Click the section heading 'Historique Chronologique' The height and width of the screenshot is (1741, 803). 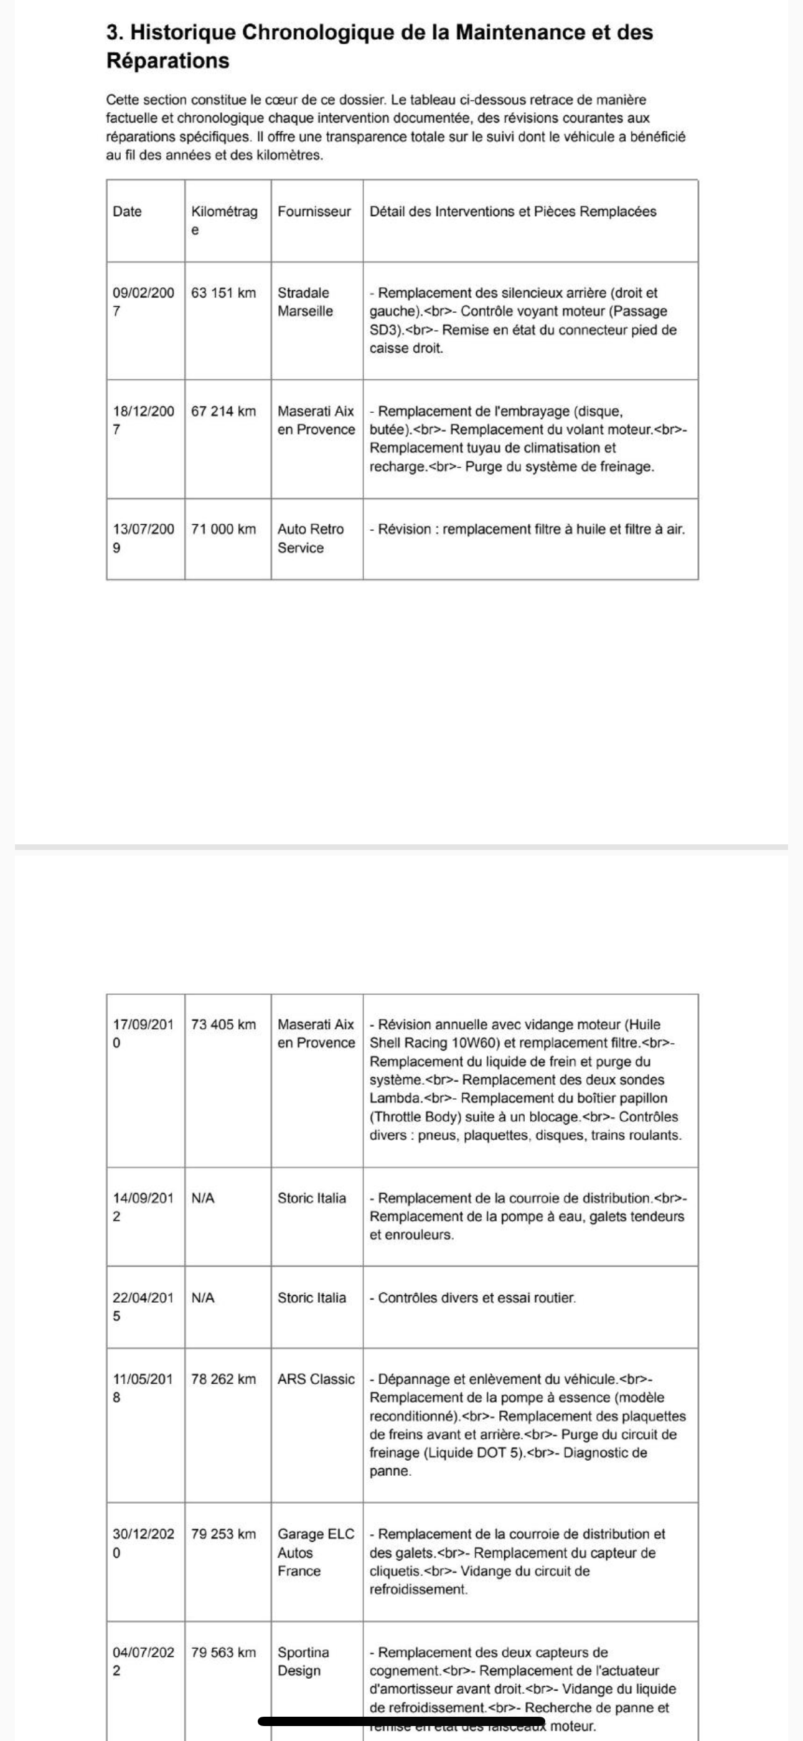[379, 46]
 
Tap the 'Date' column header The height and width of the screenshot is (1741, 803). [127, 212]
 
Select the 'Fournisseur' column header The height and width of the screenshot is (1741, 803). [314, 212]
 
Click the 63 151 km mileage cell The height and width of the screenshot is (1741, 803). [223, 293]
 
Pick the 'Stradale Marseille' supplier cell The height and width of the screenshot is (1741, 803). [305, 302]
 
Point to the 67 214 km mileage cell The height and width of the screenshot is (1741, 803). [223, 411]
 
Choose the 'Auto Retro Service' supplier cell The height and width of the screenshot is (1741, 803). [310, 538]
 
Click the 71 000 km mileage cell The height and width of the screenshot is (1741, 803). [223, 529]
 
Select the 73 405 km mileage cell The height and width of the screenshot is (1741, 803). [223, 1024]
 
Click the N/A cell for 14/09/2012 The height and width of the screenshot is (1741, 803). [203, 1198]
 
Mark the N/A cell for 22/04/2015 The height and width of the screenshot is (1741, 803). [203, 1298]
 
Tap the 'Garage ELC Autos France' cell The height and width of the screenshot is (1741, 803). [316, 1552]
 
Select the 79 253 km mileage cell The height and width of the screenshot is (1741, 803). [223, 1534]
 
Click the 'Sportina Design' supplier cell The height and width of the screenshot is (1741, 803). [304, 1661]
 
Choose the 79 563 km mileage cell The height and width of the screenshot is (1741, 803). [223, 1653]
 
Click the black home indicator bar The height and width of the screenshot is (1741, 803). [401, 1720]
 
